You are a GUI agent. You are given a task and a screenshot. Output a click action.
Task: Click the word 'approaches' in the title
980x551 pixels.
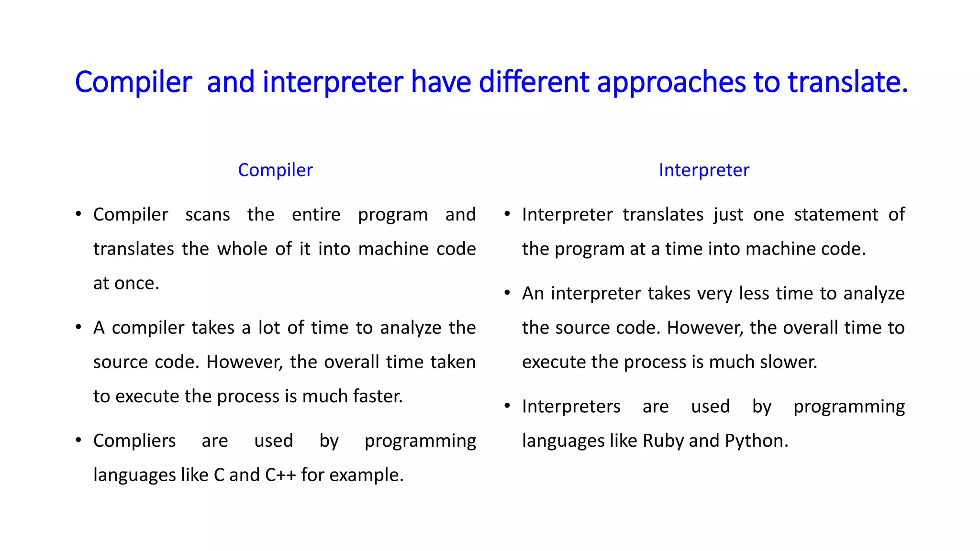(671, 82)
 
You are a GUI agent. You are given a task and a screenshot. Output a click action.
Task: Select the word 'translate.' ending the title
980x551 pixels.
(847, 82)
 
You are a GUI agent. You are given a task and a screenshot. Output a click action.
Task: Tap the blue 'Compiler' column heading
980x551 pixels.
(275, 170)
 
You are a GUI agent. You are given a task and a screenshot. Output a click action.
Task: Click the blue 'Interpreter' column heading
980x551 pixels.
(703, 170)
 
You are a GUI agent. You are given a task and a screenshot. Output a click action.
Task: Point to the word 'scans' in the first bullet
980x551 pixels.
(207, 215)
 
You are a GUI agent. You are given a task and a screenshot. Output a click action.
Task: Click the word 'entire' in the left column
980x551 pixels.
(316, 215)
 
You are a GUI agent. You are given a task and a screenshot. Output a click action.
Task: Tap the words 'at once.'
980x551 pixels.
(126, 284)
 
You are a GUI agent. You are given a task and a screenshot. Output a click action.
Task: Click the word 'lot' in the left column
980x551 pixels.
(269, 328)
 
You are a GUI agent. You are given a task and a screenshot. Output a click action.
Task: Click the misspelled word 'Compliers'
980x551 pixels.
(134, 441)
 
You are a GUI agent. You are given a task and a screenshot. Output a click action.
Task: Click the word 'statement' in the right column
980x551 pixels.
(836, 215)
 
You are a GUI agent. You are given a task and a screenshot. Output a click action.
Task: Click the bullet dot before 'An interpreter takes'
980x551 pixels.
(507, 293)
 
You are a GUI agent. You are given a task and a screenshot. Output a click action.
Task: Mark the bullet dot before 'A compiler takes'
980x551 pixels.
(78, 328)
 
